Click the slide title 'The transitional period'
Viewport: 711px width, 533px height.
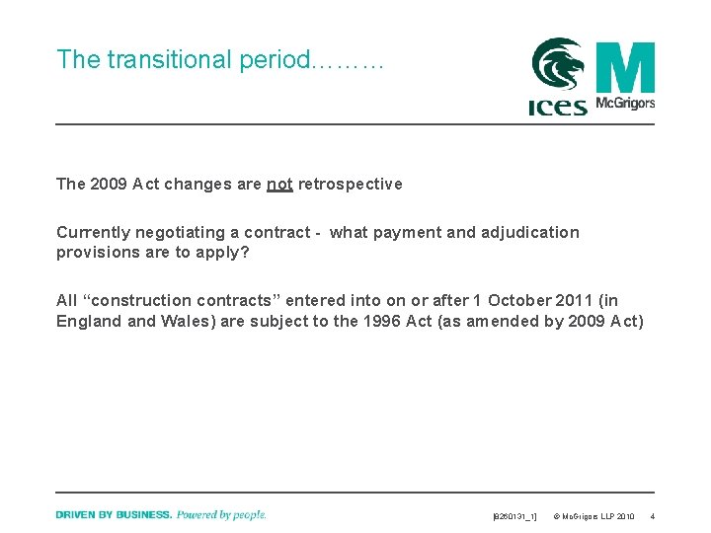click(x=219, y=60)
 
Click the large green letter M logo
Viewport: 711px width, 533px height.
click(x=625, y=67)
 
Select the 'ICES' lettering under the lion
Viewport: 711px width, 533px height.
click(x=558, y=107)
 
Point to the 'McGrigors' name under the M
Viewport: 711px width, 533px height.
click(x=625, y=104)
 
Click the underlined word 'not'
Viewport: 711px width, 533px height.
click(x=279, y=184)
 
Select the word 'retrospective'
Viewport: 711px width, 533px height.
click(x=351, y=184)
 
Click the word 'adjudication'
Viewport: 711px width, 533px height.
click(x=530, y=233)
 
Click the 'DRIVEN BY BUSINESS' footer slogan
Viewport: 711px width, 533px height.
click(x=114, y=514)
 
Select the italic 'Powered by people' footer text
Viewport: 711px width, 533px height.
click(x=221, y=514)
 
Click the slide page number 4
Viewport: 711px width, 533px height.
click(x=651, y=516)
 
